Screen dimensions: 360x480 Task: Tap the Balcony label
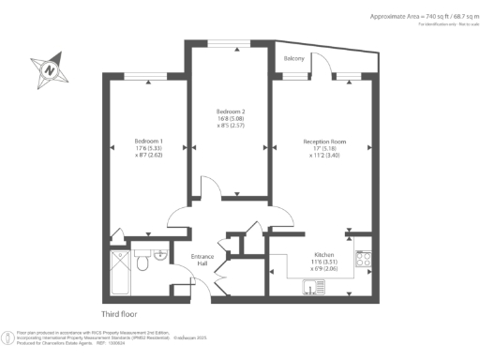[294, 58]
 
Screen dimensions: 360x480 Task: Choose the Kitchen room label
[323, 253]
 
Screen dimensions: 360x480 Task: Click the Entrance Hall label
[203, 259]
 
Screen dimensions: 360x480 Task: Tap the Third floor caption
[121, 314]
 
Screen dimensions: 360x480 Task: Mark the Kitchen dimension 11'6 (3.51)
[324, 261]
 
